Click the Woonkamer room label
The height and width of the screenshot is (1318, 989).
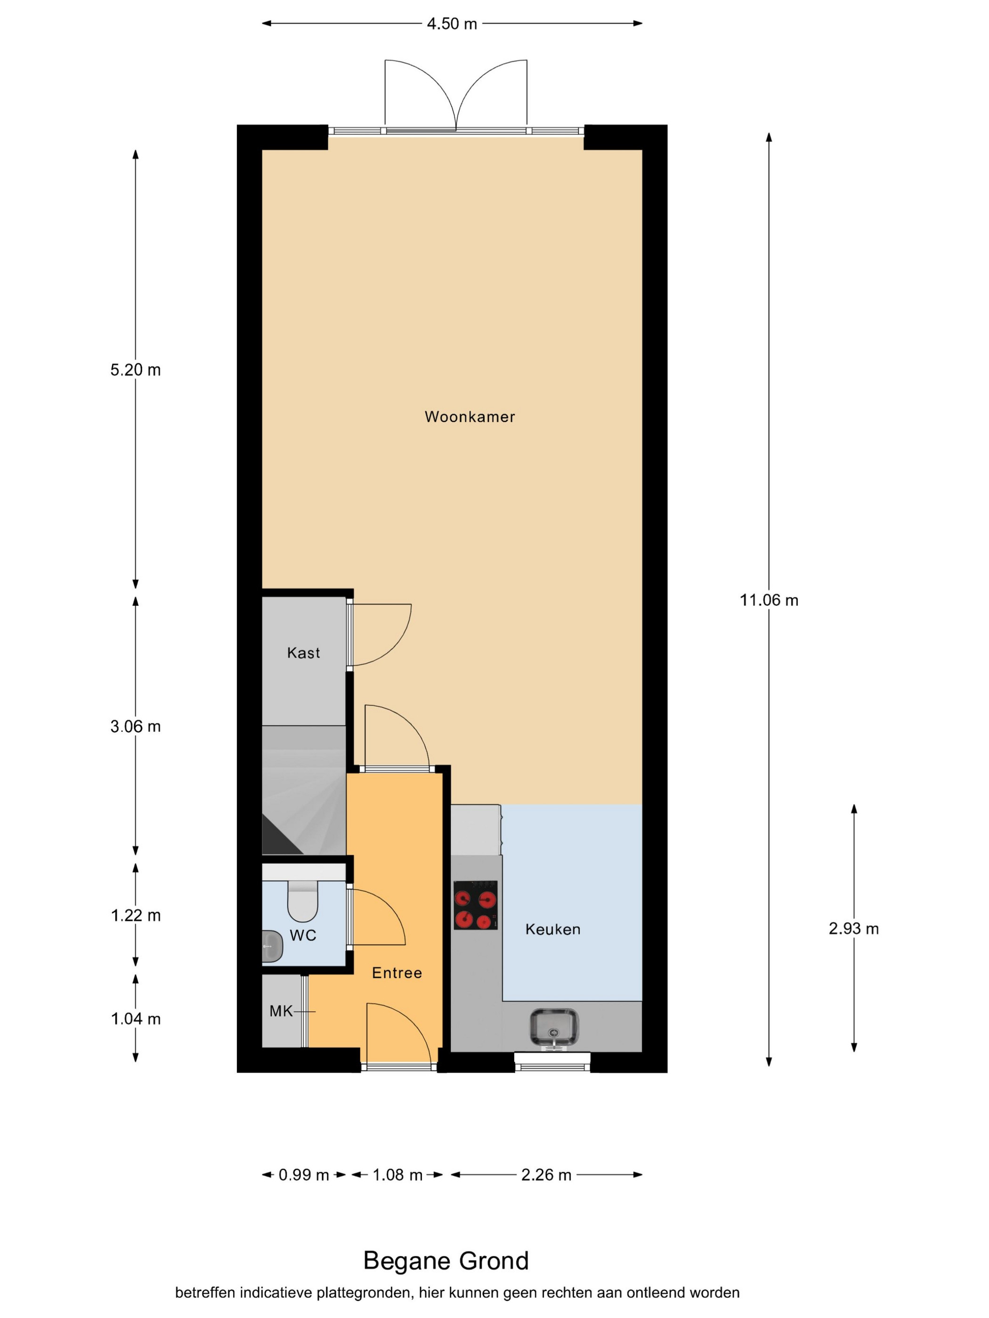pos(470,417)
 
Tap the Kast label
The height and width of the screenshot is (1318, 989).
pos(303,652)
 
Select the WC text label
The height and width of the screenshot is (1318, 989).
pos(303,935)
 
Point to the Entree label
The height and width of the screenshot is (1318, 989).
pos(397,972)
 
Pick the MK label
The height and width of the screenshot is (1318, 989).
pos(281,1011)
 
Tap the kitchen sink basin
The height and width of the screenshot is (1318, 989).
pos(554,1027)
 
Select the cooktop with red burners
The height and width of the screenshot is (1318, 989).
pos(475,905)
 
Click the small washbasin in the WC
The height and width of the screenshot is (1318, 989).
pos(272,946)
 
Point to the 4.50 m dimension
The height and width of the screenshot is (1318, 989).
pos(452,24)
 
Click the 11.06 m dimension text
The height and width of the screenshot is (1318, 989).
pos(769,600)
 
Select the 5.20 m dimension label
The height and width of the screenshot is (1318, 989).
pos(135,370)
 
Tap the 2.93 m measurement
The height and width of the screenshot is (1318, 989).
pos(854,928)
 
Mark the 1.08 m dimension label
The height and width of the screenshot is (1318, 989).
pos(397,1175)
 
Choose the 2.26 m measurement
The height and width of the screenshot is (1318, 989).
pos(546,1175)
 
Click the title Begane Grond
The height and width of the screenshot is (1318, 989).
pos(446,1261)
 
